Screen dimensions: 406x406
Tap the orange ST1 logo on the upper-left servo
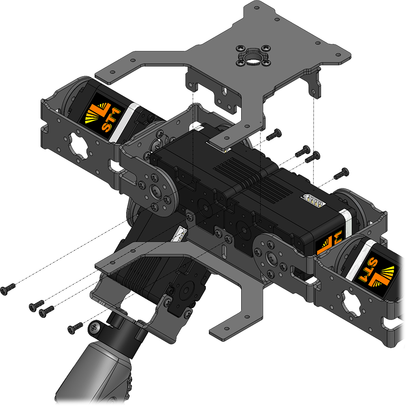(102, 116)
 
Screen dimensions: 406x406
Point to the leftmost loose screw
(7, 289)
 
